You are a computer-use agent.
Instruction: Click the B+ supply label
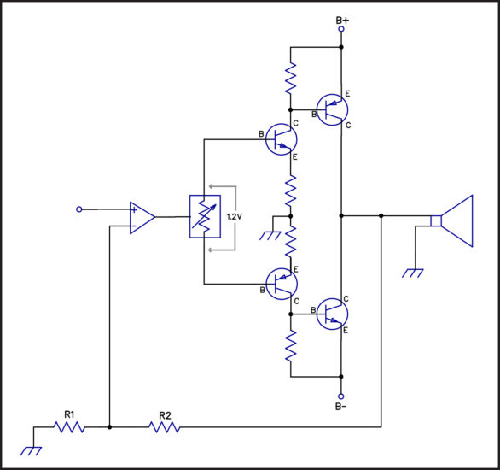342,21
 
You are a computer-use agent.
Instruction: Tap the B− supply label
340,407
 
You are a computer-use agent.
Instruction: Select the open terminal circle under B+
341,29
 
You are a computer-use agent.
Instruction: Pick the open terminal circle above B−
341,397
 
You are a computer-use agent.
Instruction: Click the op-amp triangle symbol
142,218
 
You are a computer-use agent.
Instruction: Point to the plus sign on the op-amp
134,209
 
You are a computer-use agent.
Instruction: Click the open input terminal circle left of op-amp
79,209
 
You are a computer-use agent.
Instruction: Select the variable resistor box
205,216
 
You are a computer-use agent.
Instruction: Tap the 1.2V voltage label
235,216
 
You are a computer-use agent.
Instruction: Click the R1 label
69,414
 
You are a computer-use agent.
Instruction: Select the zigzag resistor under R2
165,427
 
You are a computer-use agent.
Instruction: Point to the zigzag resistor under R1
69,427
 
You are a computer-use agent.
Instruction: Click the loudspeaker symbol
452,220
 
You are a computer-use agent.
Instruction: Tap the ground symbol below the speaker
413,273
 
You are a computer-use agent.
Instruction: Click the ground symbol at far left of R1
32,451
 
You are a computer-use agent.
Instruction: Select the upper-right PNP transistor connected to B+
332,109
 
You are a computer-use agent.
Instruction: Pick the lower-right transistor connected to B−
332,314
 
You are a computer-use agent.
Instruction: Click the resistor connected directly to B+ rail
290,79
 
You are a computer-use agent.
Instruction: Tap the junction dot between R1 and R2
109,427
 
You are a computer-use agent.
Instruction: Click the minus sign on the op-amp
134,226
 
